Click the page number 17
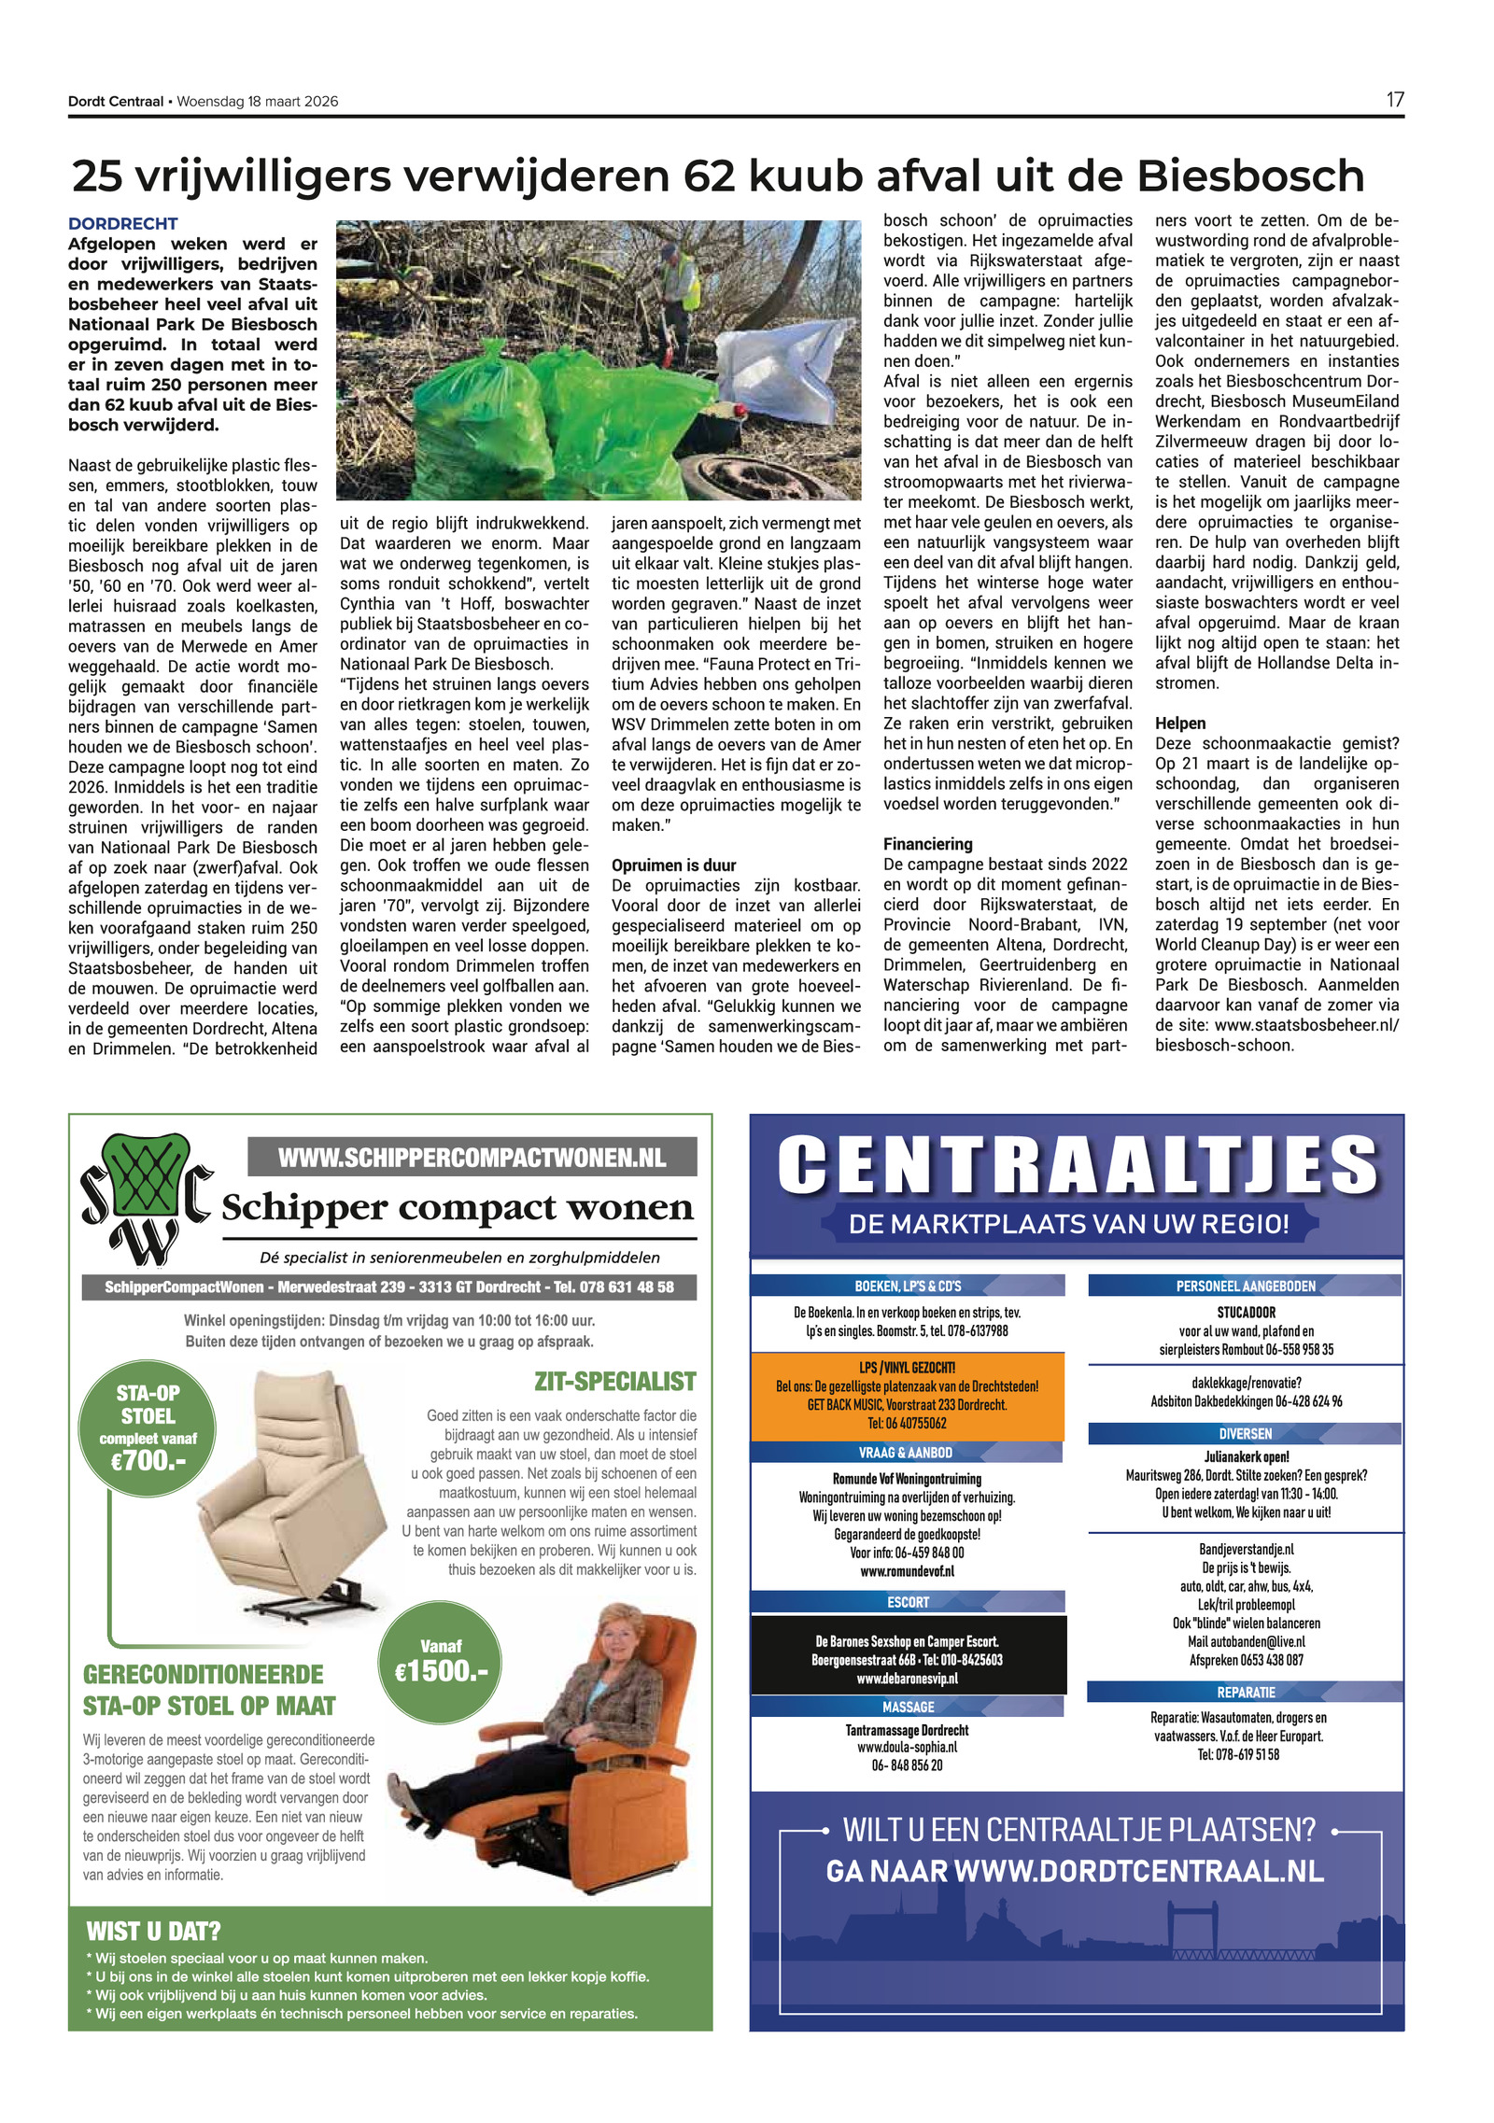(1393, 100)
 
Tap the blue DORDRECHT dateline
(122, 224)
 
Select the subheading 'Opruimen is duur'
(673, 865)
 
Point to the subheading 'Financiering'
(927, 844)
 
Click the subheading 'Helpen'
(1179, 724)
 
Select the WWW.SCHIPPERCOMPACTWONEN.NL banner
(472, 1158)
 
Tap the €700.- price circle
(148, 1427)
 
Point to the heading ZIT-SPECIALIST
(614, 1381)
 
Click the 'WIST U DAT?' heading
(153, 1931)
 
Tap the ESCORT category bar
(907, 1602)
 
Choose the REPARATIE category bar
(1245, 1693)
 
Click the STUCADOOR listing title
(1245, 1313)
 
